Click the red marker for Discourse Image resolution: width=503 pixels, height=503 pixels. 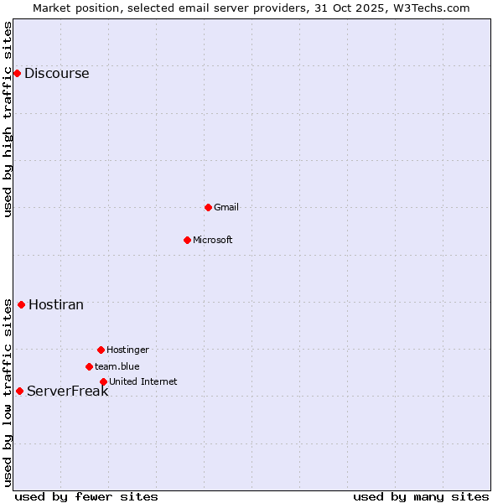tap(17, 74)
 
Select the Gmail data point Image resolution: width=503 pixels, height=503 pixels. tap(208, 207)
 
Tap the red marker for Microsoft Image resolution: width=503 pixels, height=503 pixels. tap(187, 240)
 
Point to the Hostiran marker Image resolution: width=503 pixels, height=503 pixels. tap(21, 304)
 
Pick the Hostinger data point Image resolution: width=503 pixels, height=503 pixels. tap(101, 350)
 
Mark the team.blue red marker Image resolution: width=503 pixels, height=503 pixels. tap(89, 366)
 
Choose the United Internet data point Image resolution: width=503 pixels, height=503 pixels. tap(103, 381)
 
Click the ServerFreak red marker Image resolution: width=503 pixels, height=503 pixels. tap(19, 391)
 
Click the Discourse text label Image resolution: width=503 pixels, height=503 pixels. tap(56, 74)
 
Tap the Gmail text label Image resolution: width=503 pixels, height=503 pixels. tap(226, 207)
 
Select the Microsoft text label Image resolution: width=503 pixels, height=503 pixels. tap(212, 240)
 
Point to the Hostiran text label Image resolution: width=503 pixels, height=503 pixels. tap(56, 304)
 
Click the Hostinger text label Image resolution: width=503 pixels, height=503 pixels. tap(127, 350)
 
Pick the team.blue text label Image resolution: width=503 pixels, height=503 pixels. tap(117, 366)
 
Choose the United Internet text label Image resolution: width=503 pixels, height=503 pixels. tap(143, 381)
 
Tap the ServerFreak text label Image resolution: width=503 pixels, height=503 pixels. tap(67, 391)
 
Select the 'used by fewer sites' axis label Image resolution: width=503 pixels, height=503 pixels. tap(86, 496)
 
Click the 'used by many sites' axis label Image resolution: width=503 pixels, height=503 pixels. tap(421, 496)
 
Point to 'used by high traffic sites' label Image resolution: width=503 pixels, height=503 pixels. tap(8, 119)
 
